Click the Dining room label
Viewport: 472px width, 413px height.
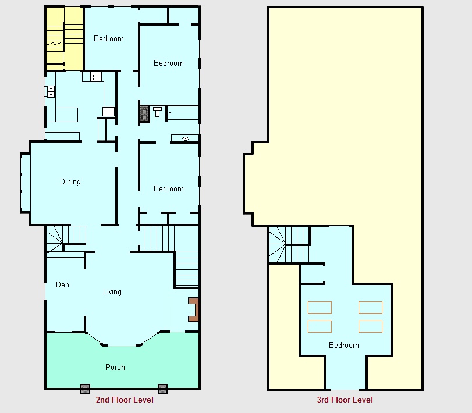click(70, 181)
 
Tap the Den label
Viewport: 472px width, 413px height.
click(63, 284)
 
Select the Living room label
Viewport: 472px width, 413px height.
click(112, 292)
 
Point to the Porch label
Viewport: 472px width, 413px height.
click(115, 367)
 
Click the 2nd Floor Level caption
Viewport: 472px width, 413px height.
click(125, 400)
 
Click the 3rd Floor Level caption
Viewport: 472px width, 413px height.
click(345, 400)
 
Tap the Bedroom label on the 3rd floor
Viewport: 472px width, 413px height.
click(344, 345)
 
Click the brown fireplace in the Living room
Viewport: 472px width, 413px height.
click(194, 309)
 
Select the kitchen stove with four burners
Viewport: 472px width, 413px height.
click(96, 77)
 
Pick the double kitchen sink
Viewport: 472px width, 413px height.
click(51, 91)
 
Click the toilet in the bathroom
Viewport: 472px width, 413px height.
click(158, 112)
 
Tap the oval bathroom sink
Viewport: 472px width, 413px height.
click(186, 138)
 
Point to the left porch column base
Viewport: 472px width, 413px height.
click(85, 389)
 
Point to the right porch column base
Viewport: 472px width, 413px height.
click(162, 389)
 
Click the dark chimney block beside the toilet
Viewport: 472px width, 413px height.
click(144, 114)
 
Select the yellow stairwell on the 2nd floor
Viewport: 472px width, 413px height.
click(64, 38)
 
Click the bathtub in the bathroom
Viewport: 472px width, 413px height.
click(183, 113)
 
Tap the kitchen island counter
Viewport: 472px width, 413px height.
click(66, 115)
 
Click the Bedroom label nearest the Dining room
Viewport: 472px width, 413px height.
click(169, 188)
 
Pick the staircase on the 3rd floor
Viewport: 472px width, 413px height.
click(289, 244)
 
